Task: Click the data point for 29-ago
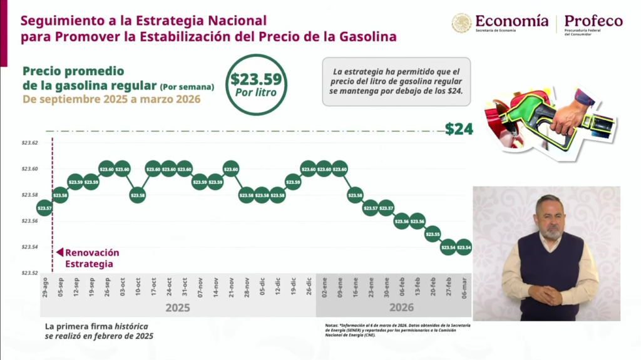[44, 208]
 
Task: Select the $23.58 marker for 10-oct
[138, 195]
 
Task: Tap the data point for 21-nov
[231, 170]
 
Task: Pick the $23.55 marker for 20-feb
[433, 235]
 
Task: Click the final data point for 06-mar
[464, 248]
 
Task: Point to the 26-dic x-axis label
[309, 287]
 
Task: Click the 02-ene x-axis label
[324, 287]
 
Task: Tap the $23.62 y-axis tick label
[30, 143]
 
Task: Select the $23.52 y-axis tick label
[30, 273]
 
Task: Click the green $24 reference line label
[459, 130]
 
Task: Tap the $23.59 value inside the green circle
[256, 80]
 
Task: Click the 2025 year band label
[178, 308]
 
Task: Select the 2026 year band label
[402, 308]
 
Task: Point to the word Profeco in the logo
[593, 21]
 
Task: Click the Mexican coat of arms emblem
[461, 24]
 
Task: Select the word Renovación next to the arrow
[92, 252]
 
